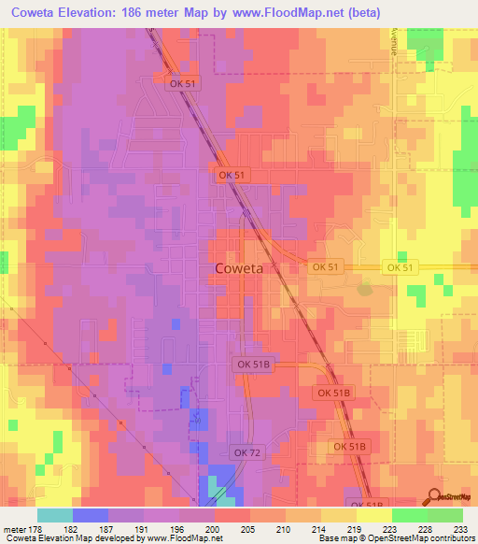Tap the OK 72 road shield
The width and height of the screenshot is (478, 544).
pyautogui.click(x=246, y=427)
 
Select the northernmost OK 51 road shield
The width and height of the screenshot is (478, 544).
pyautogui.click(x=184, y=84)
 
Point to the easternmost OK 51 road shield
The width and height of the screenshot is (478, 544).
pyautogui.click(x=400, y=267)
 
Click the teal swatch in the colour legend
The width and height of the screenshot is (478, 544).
pyautogui.click(x=55, y=514)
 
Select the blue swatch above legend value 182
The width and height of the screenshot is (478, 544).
pyautogui.click(x=91, y=514)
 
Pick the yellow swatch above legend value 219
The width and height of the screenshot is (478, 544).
pyautogui.click(x=339, y=514)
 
